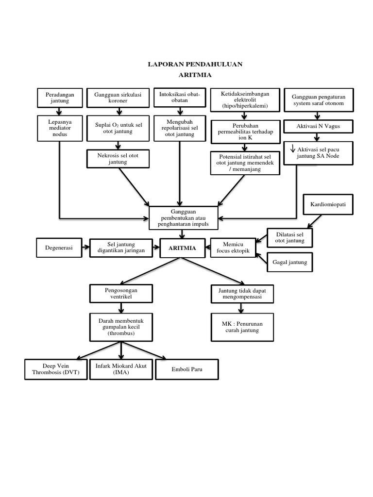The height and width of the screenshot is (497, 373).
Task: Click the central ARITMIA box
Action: tap(182, 248)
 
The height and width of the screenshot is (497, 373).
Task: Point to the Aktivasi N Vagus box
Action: tap(318, 126)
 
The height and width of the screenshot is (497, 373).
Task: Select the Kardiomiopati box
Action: tap(328, 205)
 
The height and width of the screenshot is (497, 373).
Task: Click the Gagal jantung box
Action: tap(290, 262)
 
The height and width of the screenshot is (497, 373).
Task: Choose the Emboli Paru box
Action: tap(186, 369)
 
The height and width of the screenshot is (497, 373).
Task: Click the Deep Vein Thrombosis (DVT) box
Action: tap(55, 369)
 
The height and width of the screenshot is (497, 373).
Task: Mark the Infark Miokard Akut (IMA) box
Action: tap(120, 369)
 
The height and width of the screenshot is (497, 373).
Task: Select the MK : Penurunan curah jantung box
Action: tap(242, 327)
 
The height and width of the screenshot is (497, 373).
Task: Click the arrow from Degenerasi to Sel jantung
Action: tap(85, 248)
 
